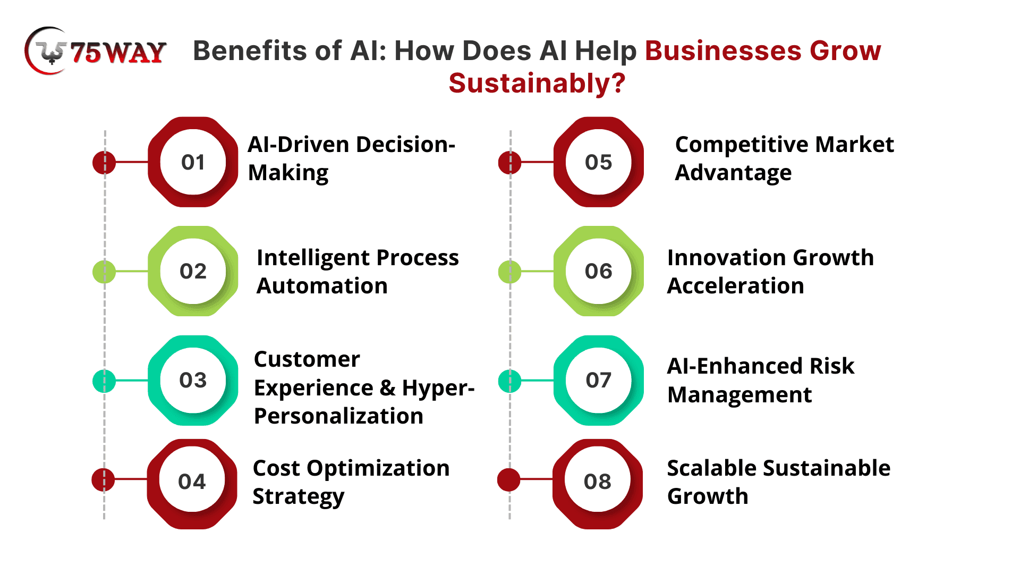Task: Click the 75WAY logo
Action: click(x=96, y=51)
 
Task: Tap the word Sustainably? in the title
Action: click(x=537, y=84)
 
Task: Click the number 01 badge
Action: click(x=193, y=162)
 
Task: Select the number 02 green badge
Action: click(x=193, y=271)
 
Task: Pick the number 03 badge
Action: click(x=193, y=381)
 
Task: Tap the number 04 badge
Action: click(x=192, y=484)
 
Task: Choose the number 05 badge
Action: click(x=599, y=162)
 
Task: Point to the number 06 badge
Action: click(x=599, y=271)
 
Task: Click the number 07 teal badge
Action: click(x=599, y=381)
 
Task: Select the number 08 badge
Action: click(x=598, y=484)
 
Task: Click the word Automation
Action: click(x=322, y=286)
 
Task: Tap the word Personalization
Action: click(x=338, y=416)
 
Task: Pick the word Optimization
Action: click(x=378, y=469)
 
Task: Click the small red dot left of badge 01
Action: click(x=104, y=162)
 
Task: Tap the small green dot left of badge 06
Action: click(x=510, y=272)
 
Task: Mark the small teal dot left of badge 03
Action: click(x=104, y=381)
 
